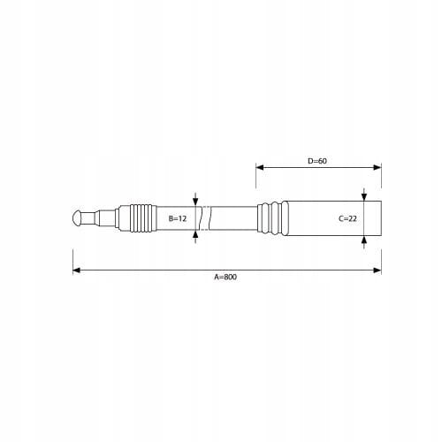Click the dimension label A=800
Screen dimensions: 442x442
(225, 277)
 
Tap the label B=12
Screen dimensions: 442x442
(178, 218)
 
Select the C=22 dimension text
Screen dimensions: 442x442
(347, 218)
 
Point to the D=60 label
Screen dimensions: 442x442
(317, 161)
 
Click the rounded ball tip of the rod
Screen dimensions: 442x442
(77, 218)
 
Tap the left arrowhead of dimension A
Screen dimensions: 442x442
(77, 271)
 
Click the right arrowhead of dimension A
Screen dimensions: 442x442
(377, 271)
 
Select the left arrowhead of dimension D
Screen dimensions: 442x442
(260, 167)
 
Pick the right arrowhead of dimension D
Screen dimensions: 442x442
(377, 167)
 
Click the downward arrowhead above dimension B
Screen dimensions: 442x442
(195, 202)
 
